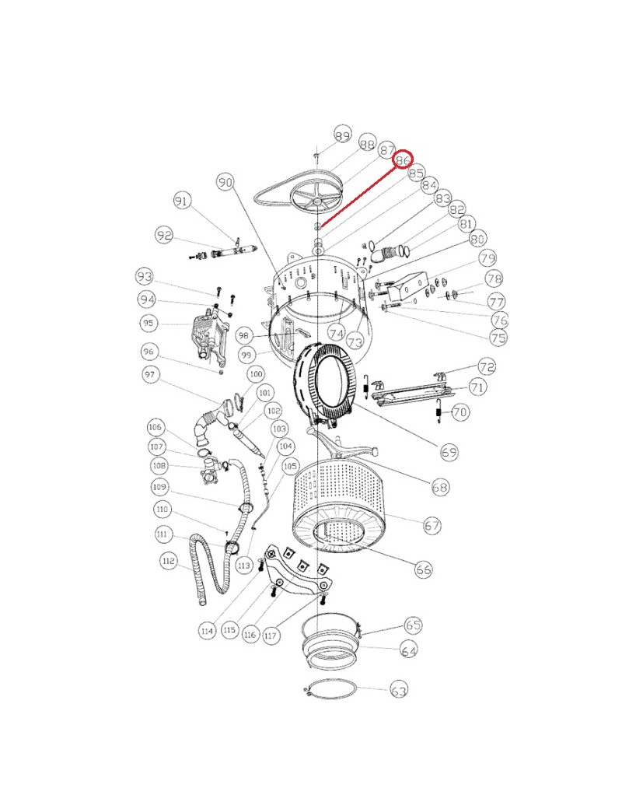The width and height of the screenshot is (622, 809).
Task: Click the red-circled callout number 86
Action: pos(403,160)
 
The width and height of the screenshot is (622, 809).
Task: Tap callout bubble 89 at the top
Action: pos(342,135)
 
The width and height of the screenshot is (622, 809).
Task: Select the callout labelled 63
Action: pos(399,690)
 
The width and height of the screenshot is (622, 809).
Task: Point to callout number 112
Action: pos(169,561)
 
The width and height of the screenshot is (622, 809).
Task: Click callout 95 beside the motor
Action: pos(149,324)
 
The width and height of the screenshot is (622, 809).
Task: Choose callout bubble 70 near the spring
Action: pos(460,412)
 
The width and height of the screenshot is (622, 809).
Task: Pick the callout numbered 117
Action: pos(271,636)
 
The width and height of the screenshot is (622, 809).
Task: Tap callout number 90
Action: pos(225,182)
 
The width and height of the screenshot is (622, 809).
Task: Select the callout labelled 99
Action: pos(246,355)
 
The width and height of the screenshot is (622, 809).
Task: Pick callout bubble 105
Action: pos(290,467)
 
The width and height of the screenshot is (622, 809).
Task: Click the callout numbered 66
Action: pos(423,569)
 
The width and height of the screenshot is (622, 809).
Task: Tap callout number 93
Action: pos(145,277)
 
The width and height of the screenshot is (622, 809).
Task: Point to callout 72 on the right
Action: pos(487,367)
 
